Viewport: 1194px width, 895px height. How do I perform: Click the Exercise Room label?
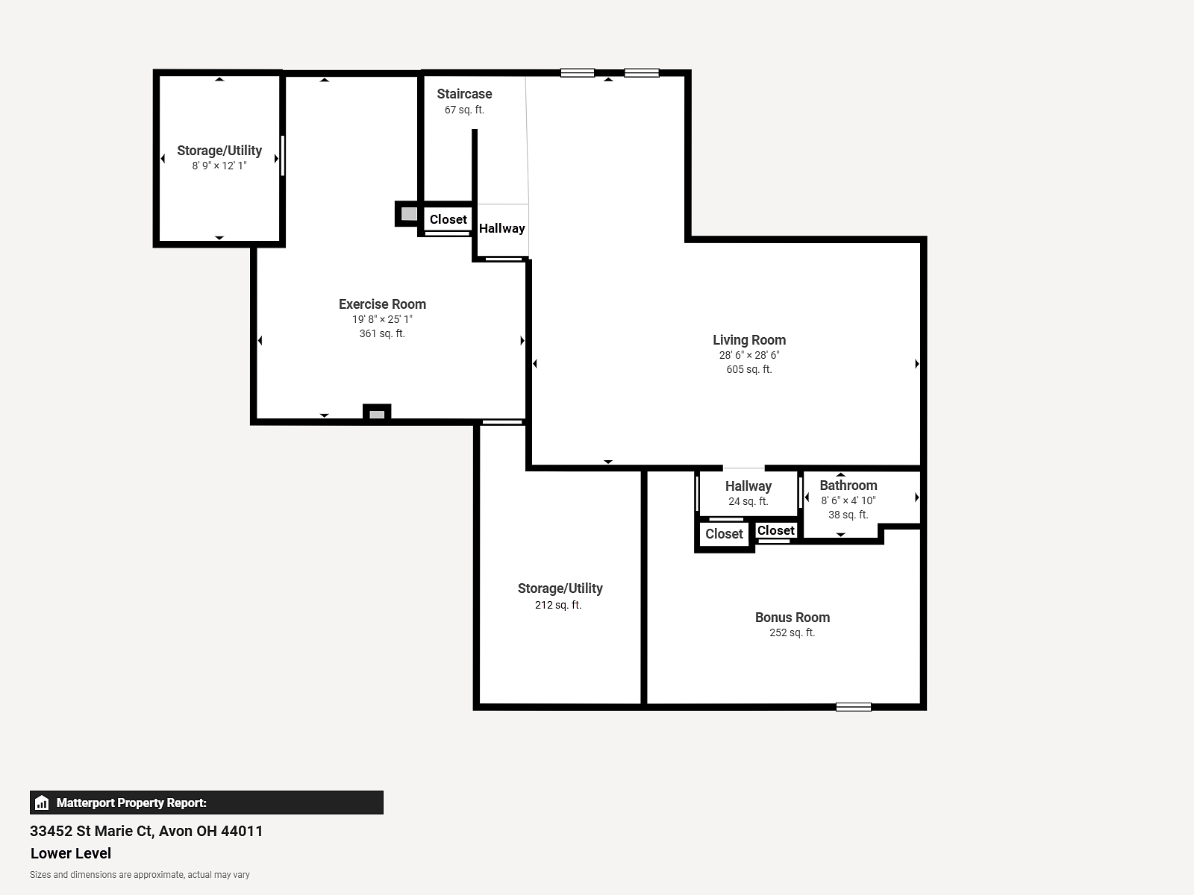382,304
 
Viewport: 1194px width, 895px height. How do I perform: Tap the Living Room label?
749,340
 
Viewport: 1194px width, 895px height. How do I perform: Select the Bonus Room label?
792,618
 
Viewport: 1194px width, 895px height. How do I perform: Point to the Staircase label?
464,94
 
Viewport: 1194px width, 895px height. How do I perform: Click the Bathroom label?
848,486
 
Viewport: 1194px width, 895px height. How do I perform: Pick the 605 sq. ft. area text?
749,369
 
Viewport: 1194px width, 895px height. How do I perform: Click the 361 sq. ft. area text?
382,333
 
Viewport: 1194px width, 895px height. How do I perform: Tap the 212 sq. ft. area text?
558,605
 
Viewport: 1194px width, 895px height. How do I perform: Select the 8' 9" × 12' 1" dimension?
219,166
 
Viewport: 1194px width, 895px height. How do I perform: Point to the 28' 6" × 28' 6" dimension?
749,356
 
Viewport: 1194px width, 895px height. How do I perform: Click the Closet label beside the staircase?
448,219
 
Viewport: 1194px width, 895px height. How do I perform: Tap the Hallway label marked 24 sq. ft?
748,486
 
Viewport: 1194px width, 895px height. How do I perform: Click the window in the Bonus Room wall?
854,707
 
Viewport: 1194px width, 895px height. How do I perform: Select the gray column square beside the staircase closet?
409,214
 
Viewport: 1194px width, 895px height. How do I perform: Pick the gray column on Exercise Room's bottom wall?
377,415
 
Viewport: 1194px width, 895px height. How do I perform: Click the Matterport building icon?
42,803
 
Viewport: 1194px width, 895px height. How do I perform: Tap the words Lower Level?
71,853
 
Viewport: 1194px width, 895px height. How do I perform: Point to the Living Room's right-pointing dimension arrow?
917,363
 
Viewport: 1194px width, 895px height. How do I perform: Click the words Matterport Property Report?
131,803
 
